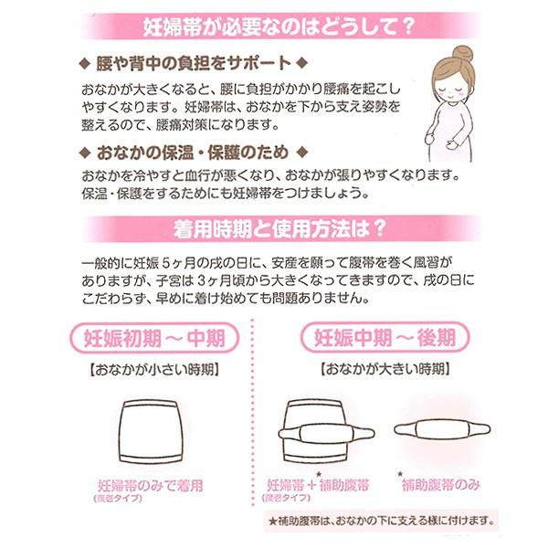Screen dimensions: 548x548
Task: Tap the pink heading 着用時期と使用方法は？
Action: tap(275, 226)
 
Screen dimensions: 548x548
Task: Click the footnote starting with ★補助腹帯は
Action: tap(383, 522)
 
